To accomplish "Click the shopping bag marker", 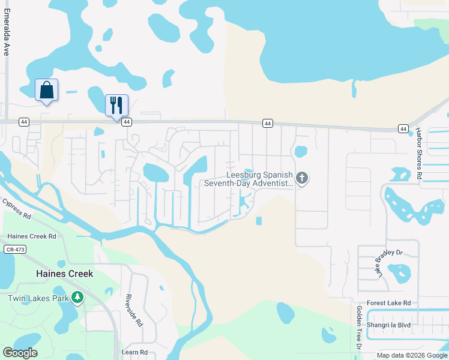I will tap(47, 91).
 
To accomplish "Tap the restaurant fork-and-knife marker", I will tap(116, 105).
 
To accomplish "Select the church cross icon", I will tap(302, 178).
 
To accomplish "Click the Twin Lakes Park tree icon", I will tap(77, 298).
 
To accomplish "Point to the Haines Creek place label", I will tap(65, 274).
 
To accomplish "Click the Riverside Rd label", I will tap(133, 310).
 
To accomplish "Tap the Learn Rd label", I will tap(134, 352).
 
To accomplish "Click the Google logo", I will tap(20, 352).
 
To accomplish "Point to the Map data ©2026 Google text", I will tap(412, 355).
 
